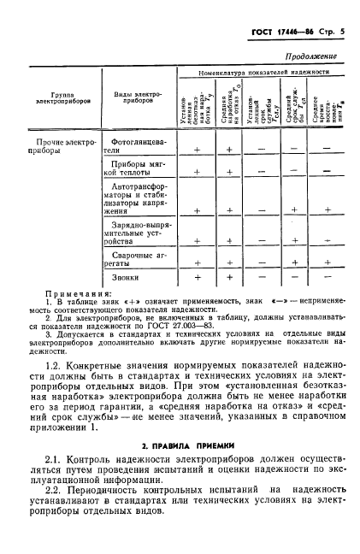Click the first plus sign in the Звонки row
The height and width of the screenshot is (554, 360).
coord(198,277)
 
